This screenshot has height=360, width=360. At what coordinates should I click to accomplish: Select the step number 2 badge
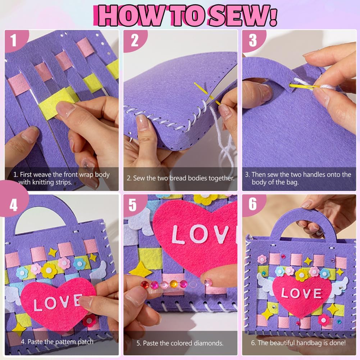point(135,41)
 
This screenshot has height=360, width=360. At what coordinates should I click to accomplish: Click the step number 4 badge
point(14,204)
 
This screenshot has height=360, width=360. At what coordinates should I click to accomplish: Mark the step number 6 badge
point(252,204)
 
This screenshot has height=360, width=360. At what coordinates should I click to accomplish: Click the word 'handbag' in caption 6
point(309,343)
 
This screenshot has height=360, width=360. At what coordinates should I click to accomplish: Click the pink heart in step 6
point(302,295)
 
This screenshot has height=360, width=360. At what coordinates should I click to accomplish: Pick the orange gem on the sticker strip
point(174,284)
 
